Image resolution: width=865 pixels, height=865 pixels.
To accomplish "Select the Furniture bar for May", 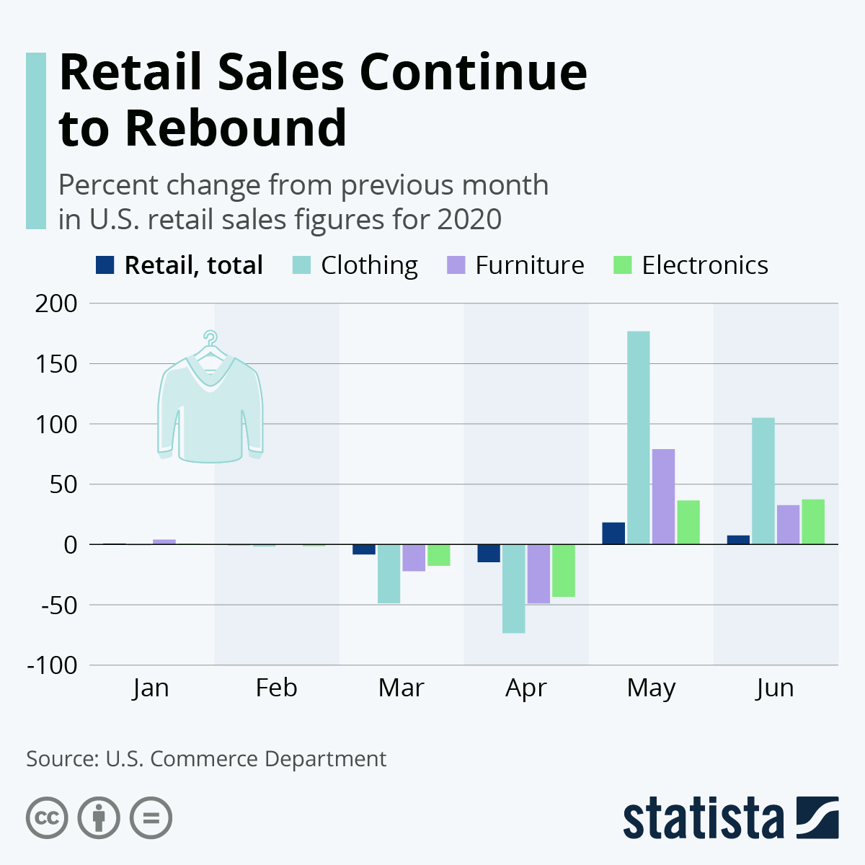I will click(x=663, y=497).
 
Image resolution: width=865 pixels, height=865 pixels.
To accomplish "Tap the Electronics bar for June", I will click(x=813, y=522).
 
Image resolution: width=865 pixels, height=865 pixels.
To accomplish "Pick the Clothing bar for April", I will click(x=514, y=588).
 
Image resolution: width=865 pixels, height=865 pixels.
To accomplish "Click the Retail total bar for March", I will click(x=363, y=549).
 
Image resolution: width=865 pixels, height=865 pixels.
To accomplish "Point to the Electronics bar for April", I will click(x=564, y=570).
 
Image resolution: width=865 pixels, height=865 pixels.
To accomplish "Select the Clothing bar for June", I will click(x=763, y=481).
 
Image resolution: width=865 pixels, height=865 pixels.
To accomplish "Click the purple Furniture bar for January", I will click(x=164, y=541).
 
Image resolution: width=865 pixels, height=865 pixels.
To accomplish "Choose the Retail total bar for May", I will click(x=613, y=533).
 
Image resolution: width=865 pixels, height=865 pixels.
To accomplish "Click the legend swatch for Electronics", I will click(x=621, y=265).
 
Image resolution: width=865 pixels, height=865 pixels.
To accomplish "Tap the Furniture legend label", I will click(x=529, y=265).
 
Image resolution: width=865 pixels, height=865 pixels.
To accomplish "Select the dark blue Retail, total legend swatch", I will click(x=105, y=265).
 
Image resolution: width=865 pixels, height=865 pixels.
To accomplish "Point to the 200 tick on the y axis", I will click(x=56, y=303).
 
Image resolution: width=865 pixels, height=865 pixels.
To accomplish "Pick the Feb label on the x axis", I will click(x=276, y=688).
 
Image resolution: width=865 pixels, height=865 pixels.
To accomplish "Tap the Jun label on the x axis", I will click(x=775, y=688).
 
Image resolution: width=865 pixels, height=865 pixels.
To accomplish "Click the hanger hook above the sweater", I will click(x=210, y=337).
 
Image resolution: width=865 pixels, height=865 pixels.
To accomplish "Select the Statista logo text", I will click(x=704, y=818).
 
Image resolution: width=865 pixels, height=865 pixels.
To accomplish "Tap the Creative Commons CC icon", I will click(x=48, y=818).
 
